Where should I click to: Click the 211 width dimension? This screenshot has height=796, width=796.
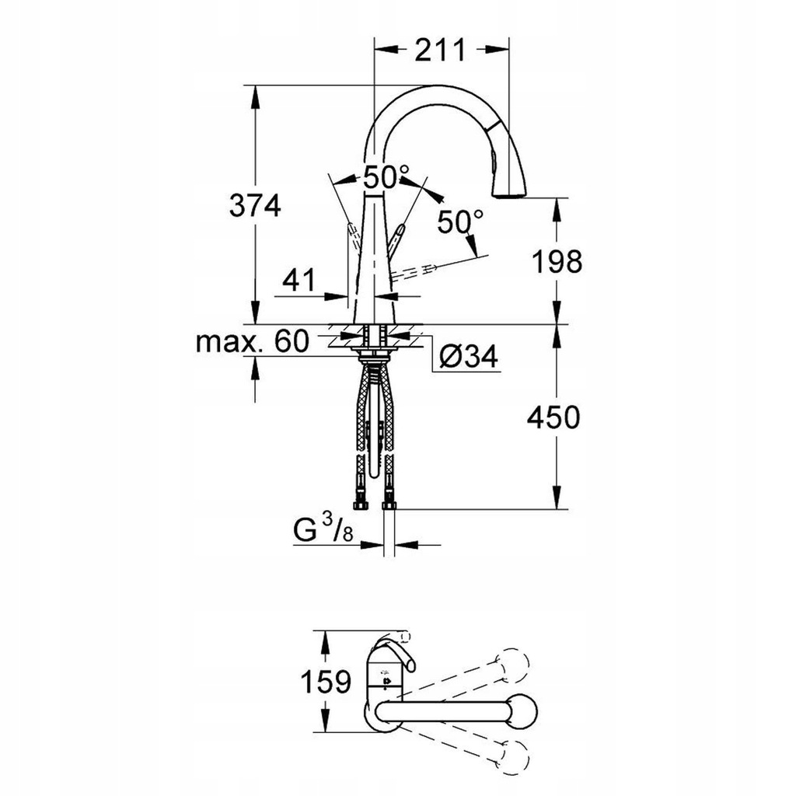[440, 51]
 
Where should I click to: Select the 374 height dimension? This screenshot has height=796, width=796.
[255, 205]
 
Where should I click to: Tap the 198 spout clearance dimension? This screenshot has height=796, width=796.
[557, 262]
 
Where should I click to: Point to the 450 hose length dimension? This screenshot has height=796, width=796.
[553, 417]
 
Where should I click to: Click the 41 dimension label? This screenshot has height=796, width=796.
[298, 280]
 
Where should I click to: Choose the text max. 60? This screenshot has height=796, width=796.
[253, 341]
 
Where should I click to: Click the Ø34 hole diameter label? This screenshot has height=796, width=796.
[469, 356]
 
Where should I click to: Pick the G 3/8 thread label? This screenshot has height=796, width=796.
[323, 529]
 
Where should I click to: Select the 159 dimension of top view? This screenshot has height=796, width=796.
[326, 682]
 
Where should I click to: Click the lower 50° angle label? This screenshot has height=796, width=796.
[461, 222]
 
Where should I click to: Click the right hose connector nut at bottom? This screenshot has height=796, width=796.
[389, 505]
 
